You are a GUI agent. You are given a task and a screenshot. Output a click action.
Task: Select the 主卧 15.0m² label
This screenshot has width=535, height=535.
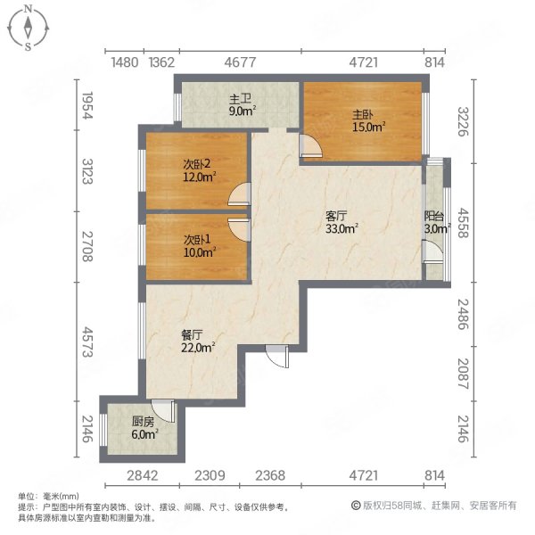pyautogui.click(x=362, y=120)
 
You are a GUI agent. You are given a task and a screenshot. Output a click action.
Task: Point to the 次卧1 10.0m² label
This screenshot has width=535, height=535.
pyautogui.click(x=196, y=246)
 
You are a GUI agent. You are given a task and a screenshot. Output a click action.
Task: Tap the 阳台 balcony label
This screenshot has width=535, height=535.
pyautogui.click(x=433, y=222)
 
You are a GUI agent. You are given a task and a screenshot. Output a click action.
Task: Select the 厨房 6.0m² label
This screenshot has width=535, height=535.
pyautogui.click(x=143, y=428)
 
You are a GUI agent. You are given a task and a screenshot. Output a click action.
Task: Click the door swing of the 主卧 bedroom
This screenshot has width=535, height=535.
pyautogui.click(x=309, y=148)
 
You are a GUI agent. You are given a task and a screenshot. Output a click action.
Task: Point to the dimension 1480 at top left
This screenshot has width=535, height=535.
pyautogui.click(x=125, y=62)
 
